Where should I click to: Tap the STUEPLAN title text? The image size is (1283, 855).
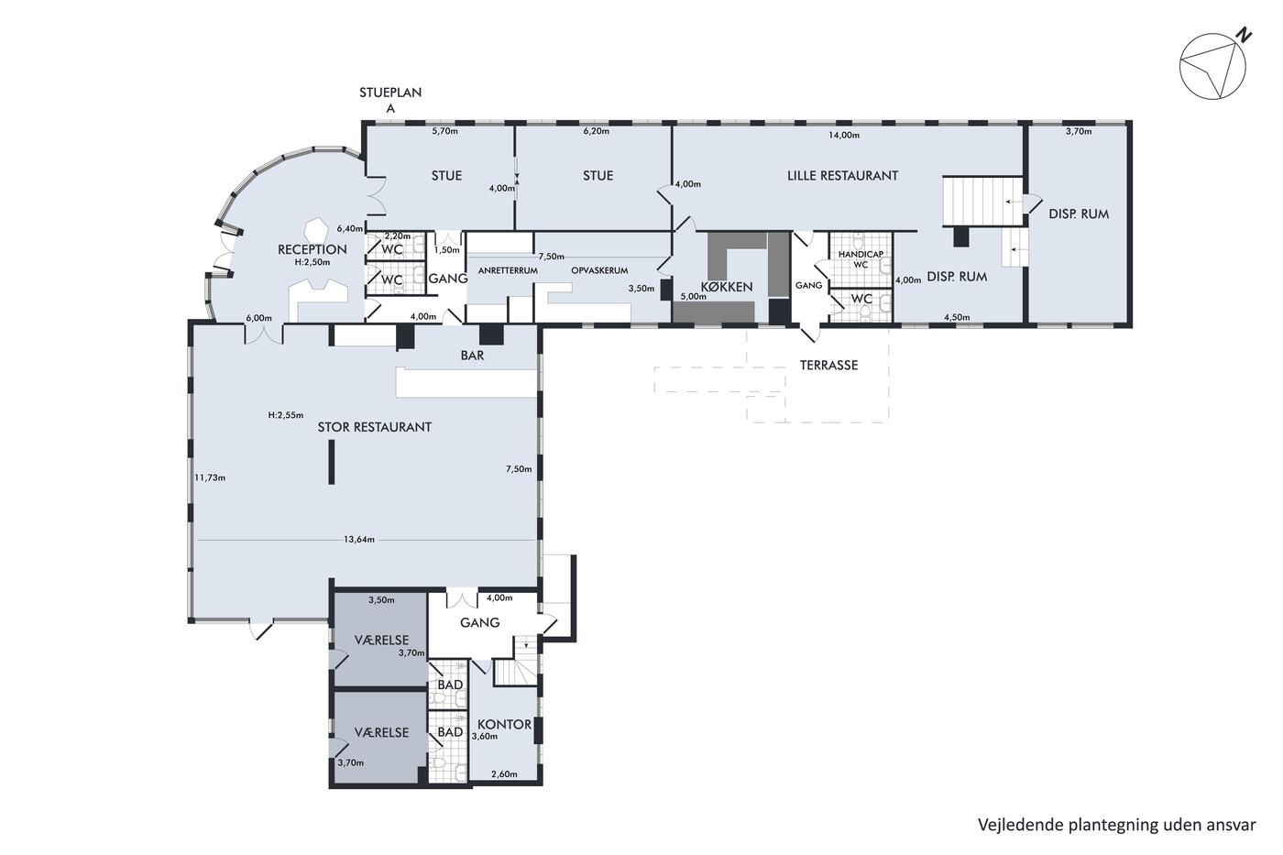[x=390, y=93]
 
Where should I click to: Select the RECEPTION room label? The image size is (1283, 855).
[x=313, y=249]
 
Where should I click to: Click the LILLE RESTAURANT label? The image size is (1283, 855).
[x=842, y=176]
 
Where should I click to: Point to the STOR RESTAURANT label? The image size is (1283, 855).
[x=375, y=427]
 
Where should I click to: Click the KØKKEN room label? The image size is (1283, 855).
[x=727, y=287]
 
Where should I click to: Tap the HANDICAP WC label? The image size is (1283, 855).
[x=861, y=259]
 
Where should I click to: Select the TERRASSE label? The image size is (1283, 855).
[x=828, y=366]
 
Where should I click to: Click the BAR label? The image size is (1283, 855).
[x=473, y=356]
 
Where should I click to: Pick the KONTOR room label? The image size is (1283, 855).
[x=505, y=725]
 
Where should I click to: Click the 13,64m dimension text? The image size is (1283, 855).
[x=359, y=540]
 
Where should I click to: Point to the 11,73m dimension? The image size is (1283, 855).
[x=210, y=477]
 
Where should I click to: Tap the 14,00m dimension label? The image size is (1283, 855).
[x=844, y=136]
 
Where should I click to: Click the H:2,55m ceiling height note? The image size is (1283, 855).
[x=286, y=415]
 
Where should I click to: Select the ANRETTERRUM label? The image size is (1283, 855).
[x=508, y=270]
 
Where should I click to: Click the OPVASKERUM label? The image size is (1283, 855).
[x=599, y=270]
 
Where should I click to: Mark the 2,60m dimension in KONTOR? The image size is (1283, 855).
[x=504, y=774]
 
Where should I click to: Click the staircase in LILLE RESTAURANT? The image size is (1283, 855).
[x=983, y=202]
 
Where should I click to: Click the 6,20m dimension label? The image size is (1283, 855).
[x=597, y=131]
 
